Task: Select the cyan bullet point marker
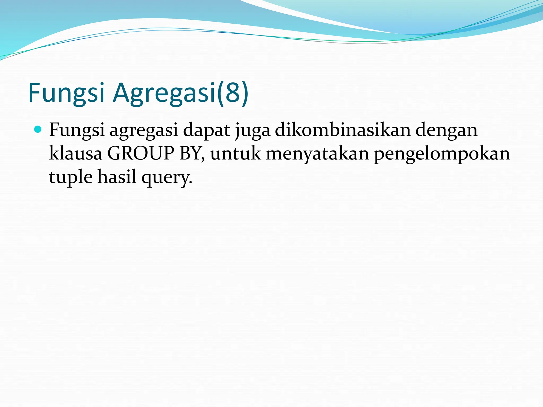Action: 38,130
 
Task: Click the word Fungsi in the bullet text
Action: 77,130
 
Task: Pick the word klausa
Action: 76,154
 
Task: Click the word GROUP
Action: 141,154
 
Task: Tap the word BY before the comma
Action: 190,154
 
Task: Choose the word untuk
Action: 235,154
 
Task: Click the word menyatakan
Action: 317,154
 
